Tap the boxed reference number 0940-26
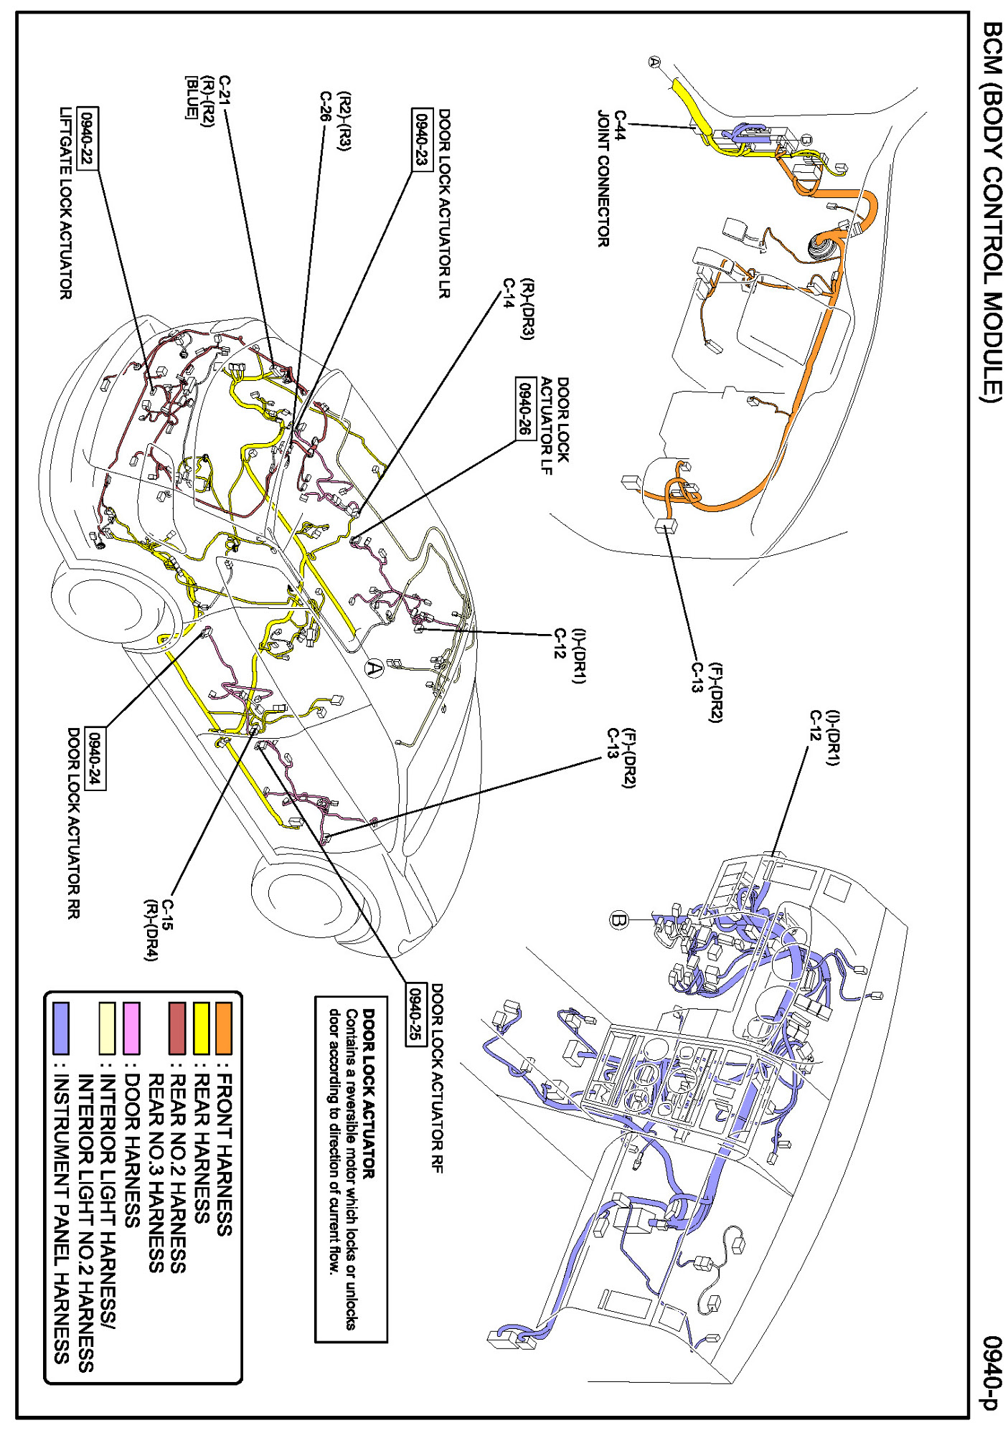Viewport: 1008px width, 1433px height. click(526, 408)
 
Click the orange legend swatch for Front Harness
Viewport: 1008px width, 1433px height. click(224, 1028)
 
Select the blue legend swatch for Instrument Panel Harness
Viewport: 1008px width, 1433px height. click(62, 1028)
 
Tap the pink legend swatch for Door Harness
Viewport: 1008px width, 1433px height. click(132, 1028)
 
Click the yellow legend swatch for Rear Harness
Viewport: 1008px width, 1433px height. click(201, 1028)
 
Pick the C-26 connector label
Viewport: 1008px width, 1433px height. click(326, 107)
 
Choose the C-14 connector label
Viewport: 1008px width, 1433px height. click(508, 293)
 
